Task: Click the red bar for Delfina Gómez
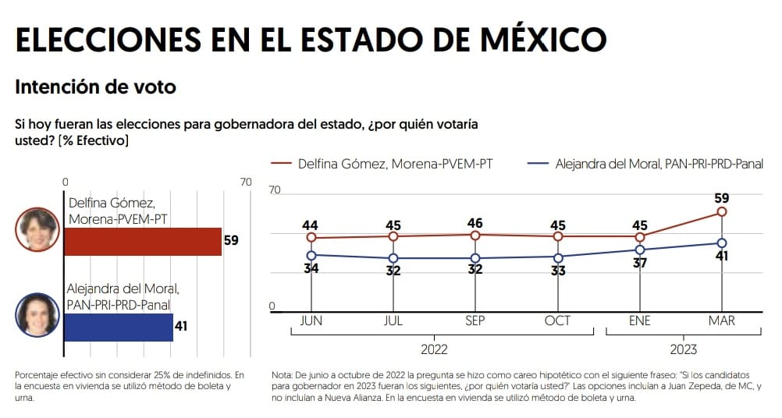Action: click(x=143, y=242)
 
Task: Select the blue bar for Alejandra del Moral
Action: click(x=119, y=328)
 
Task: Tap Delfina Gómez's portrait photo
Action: click(x=37, y=230)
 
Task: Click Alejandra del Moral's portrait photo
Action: click(x=37, y=315)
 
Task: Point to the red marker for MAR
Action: click(x=722, y=212)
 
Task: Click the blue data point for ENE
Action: click(x=640, y=250)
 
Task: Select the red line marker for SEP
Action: click(x=475, y=236)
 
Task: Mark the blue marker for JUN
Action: click(x=311, y=256)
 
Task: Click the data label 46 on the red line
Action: click(x=475, y=223)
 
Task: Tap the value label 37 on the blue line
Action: click(x=640, y=263)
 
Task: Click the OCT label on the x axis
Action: click(x=557, y=321)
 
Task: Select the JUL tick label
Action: click(x=393, y=321)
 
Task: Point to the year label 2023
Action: click(x=683, y=349)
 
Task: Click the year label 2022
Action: click(x=434, y=349)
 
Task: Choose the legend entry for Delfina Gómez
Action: click(x=382, y=164)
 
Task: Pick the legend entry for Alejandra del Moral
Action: click(x=645, y=164)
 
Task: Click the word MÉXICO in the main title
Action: click(x=543, y=39)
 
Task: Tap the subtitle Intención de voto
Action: click(x=96, y=87)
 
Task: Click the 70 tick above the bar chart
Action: click(x=246, y=182)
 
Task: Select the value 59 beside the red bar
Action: click(x=231, y=241)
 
